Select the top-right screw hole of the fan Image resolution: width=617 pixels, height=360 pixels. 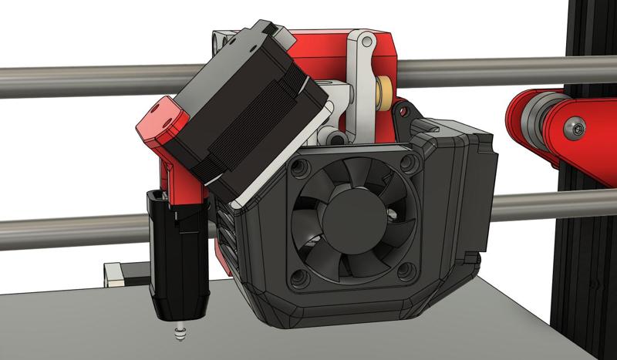tap(407, 163)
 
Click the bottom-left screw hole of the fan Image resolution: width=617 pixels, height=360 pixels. tap(301, 273)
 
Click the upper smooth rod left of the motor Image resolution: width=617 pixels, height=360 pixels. tap(77, 81)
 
